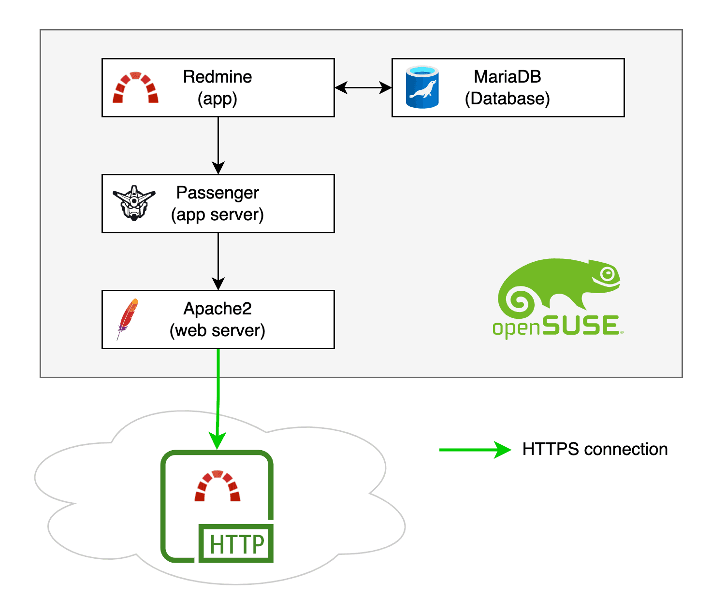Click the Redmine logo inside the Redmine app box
point(135,88)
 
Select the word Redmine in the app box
point(218,77)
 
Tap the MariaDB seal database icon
point(422,87)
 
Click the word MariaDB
point(507,77)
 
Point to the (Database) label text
point(507,99)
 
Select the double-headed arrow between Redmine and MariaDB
point(363,87)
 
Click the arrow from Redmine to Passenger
point(218,145)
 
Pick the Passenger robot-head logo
point(134,203)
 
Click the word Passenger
point(218,193)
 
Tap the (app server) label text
point(218,214)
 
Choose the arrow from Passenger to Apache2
point(218,261)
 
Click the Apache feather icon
point(128,319)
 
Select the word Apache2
point(218,309)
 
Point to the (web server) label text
point(218,330)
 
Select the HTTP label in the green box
point(237,544)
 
